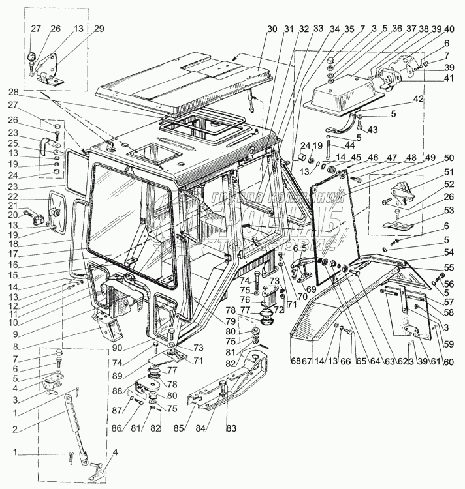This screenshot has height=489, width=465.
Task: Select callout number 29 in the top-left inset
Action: coord(98,29)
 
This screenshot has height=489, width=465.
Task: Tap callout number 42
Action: coord(418,99)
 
